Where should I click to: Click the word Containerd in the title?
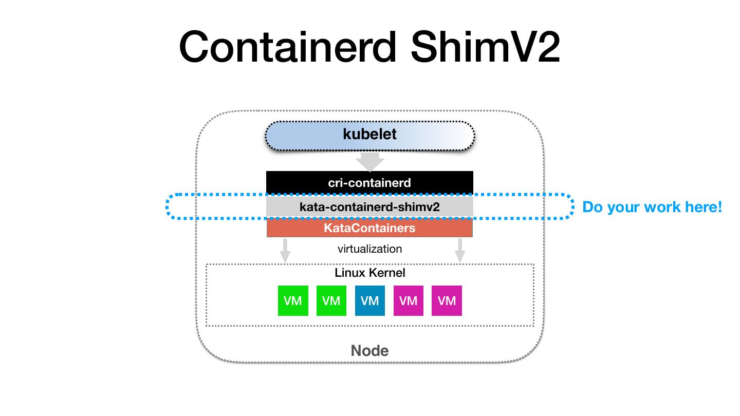(287, 47)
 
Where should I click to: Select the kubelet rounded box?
(369, 135)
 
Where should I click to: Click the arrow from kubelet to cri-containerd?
(370, 162)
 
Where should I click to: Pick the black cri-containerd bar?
(369, 182)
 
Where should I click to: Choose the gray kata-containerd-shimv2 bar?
(369, 207)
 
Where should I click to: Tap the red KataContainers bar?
(369, 228)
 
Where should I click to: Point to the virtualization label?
(369, 249)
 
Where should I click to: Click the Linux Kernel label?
(369, 273)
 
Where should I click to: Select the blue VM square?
(369, 300)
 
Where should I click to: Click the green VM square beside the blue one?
(331, 300)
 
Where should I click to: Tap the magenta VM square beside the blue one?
(409, 300)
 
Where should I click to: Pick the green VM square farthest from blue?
(293, 300)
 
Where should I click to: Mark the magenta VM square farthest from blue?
(447, 300)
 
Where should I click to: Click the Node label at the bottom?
(369, 351)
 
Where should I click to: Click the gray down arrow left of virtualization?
(285, 251)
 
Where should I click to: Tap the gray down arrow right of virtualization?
(460, 251)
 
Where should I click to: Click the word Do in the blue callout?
(591, 207)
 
